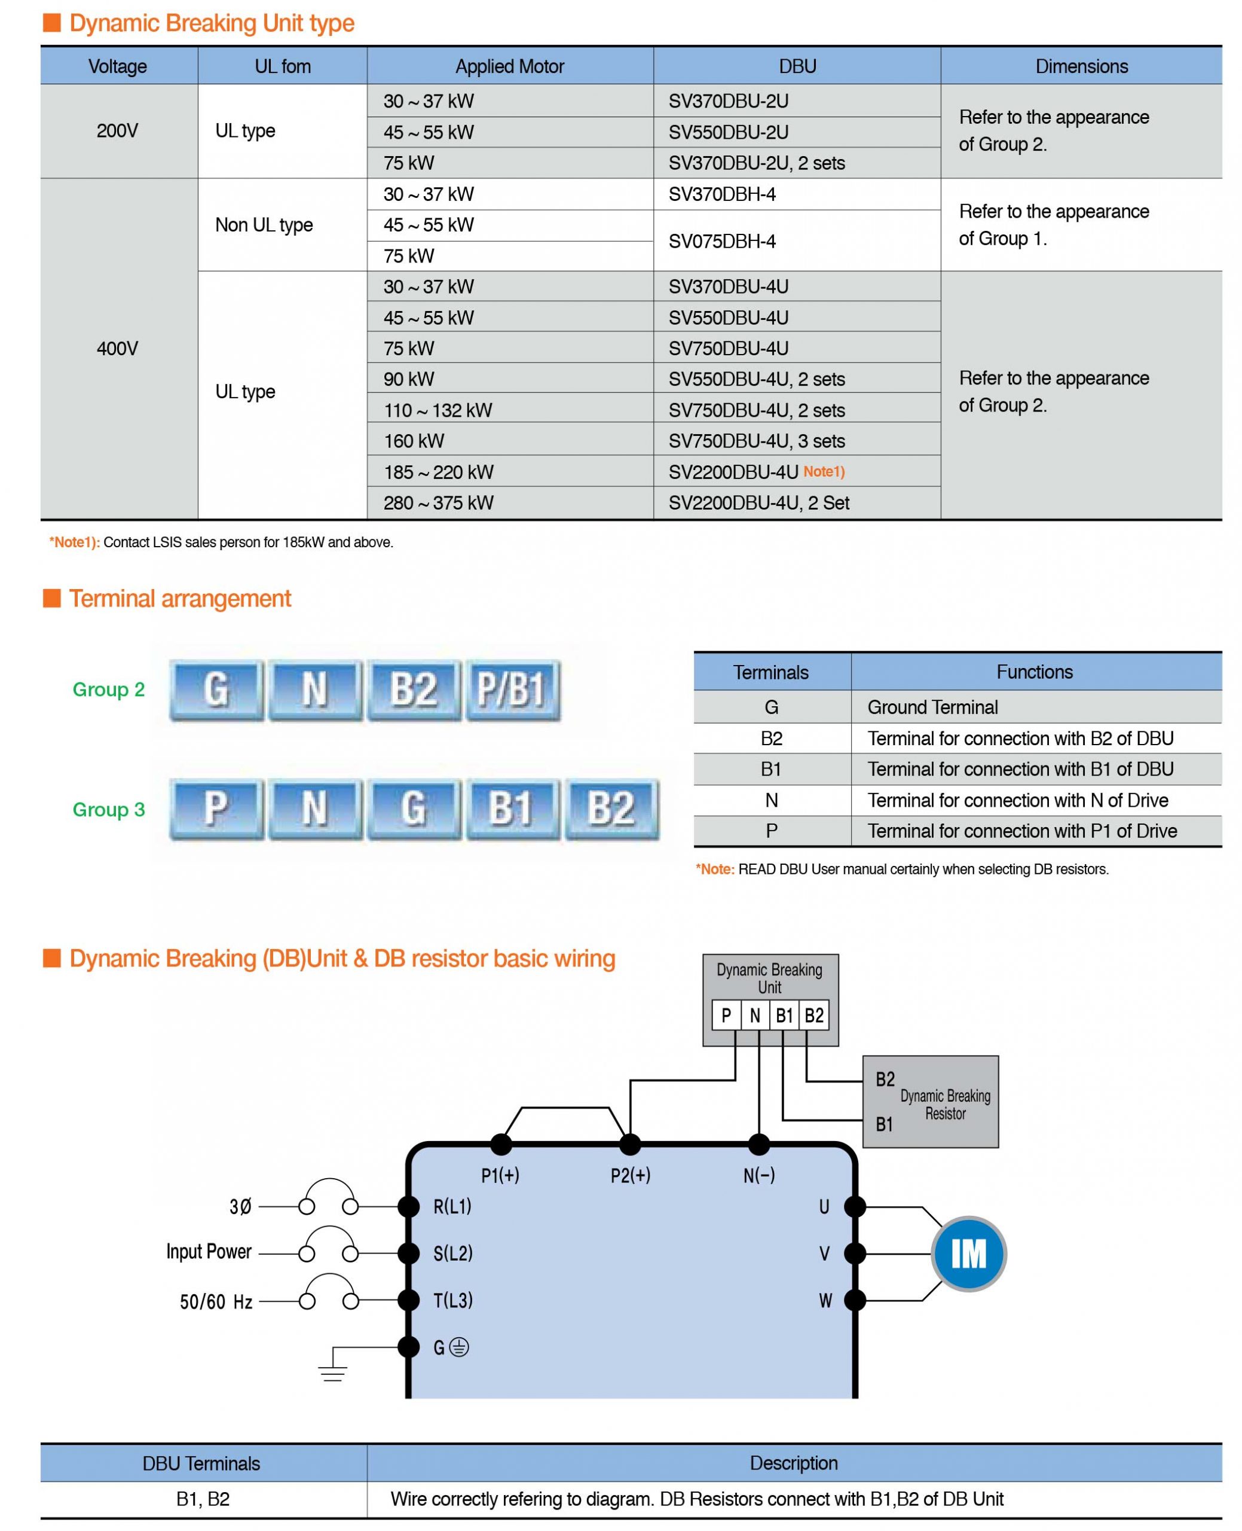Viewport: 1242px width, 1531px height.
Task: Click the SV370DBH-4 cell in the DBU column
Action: [x=796, y=194]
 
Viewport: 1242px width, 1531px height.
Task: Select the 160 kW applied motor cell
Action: [x=510, y=441]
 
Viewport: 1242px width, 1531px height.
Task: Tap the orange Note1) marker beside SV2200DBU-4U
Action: [x=824, y=472]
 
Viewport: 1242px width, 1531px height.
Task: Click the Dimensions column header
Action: [x=1081, y=66]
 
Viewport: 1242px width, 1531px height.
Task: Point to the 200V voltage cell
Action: [x=119, y=131]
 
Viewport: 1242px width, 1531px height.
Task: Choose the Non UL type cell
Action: [x=283, y=225]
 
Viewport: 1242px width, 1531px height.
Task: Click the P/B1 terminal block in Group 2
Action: [x=513, y=690]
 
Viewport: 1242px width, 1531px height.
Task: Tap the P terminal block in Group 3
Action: [x=216, y=809]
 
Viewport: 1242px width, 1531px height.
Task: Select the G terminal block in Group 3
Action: [x=414, y=809]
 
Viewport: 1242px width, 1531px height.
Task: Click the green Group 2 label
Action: [x=109, y=690]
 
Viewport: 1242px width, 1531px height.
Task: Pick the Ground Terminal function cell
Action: [x=1036, y=707]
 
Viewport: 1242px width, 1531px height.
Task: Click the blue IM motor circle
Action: [x=969, y=1254]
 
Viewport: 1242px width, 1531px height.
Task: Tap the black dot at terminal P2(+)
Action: [x=629, y=1145]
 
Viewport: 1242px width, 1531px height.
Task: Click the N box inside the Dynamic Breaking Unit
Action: [x=755, y=1015]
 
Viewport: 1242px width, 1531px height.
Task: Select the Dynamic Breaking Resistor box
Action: [x=930, y=1102]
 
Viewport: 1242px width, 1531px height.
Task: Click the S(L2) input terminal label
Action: [x=453, y=1254]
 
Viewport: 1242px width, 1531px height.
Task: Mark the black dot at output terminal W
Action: [x=855, y=1300]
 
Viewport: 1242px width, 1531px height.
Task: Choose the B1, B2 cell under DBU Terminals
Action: [x=203, y=1499]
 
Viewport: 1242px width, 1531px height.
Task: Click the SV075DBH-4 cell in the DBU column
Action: [x=796, y=240]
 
